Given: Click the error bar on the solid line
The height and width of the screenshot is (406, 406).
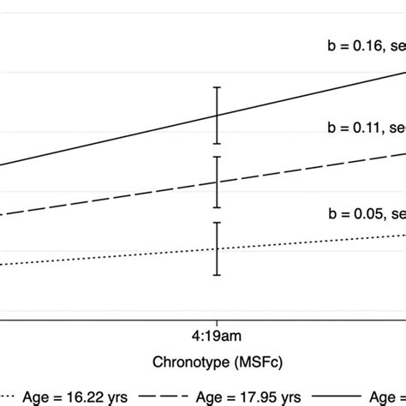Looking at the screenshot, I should coord(218,115).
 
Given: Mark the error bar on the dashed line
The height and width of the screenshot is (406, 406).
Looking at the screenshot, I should coord(218,182).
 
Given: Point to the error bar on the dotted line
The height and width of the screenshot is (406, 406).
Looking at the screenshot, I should coord(218,248).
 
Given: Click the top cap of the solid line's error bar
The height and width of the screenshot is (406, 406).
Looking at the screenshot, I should coord(218,87).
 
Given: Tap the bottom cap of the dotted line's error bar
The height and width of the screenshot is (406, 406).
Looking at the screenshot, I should coord(218,275).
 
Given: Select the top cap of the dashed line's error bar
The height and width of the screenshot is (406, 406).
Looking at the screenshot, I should coord(218,158).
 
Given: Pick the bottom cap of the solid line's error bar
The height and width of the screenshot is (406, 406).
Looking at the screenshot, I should coord(218,143).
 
